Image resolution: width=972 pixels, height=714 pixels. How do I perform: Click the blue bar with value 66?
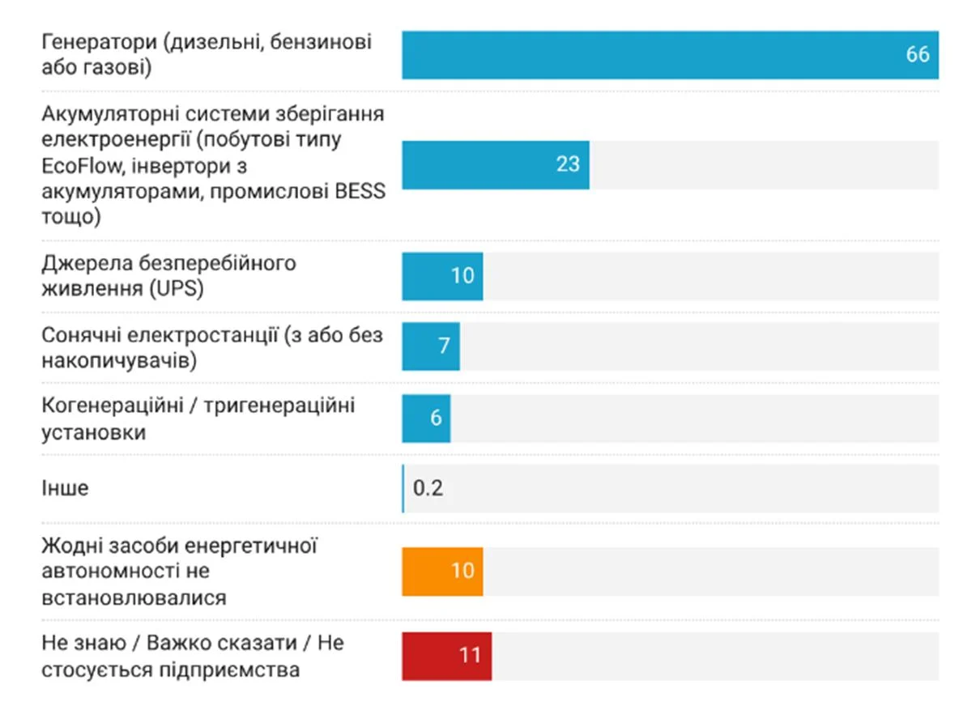(669, 55)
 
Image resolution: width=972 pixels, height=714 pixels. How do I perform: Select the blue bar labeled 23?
(495, 165)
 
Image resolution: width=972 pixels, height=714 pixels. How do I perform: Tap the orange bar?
(442, 572)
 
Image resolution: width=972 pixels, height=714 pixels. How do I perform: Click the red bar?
(446, 656)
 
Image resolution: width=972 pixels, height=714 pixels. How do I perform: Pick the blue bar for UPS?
(442, 276)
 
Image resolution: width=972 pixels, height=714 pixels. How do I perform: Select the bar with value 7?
(431, 346)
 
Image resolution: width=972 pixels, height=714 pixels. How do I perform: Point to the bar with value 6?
(426, 419)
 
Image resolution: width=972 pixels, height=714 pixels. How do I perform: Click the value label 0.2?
(428, 489)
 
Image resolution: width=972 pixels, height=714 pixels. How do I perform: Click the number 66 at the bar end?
(917, 55)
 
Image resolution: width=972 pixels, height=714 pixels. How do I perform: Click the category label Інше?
(65, 489)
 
